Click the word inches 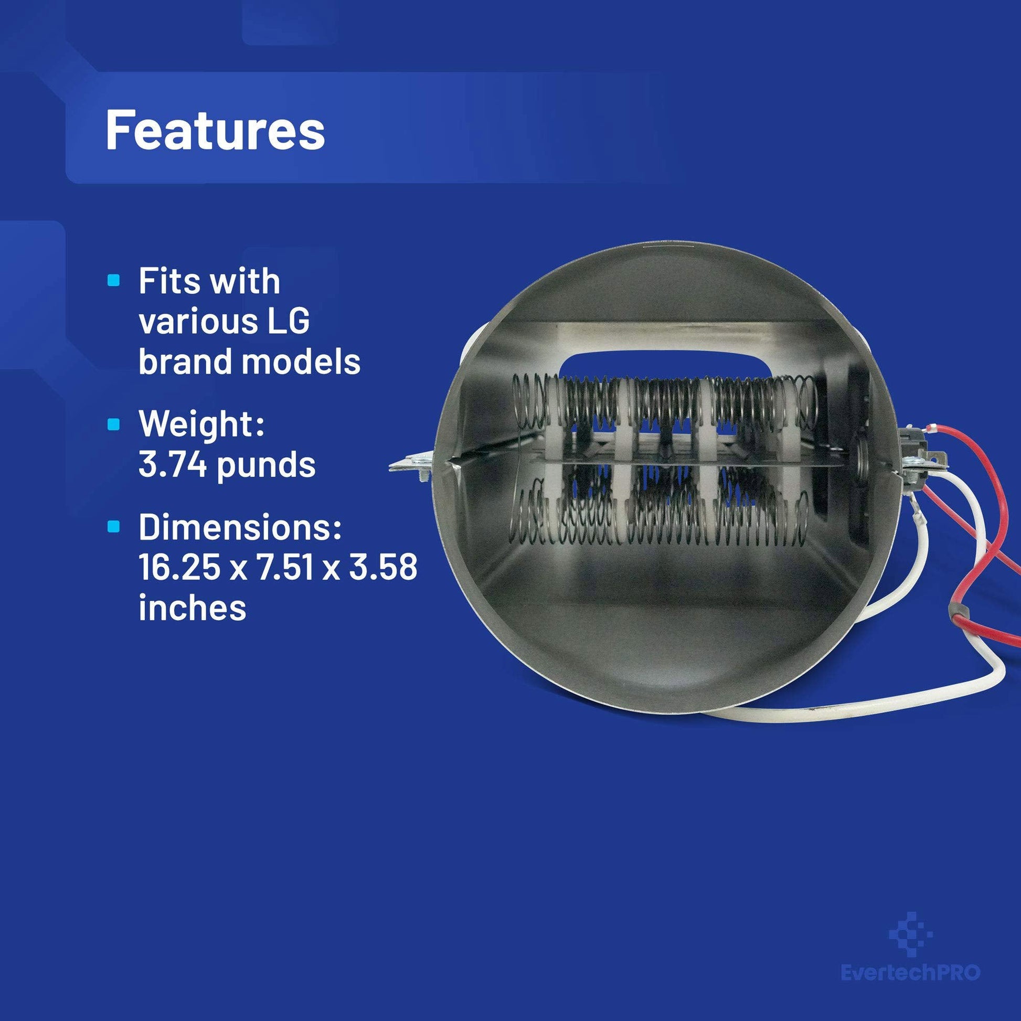pos(193,608)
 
